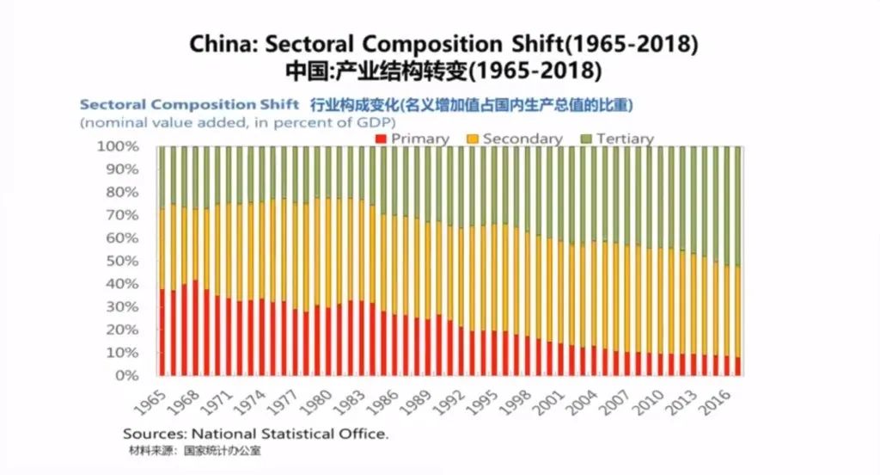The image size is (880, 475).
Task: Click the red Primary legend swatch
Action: coord(382,139)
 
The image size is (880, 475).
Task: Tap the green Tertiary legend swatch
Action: coord(587,139)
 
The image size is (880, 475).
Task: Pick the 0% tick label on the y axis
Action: coord(127,375)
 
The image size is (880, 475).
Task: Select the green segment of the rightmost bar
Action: coord(737,207)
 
